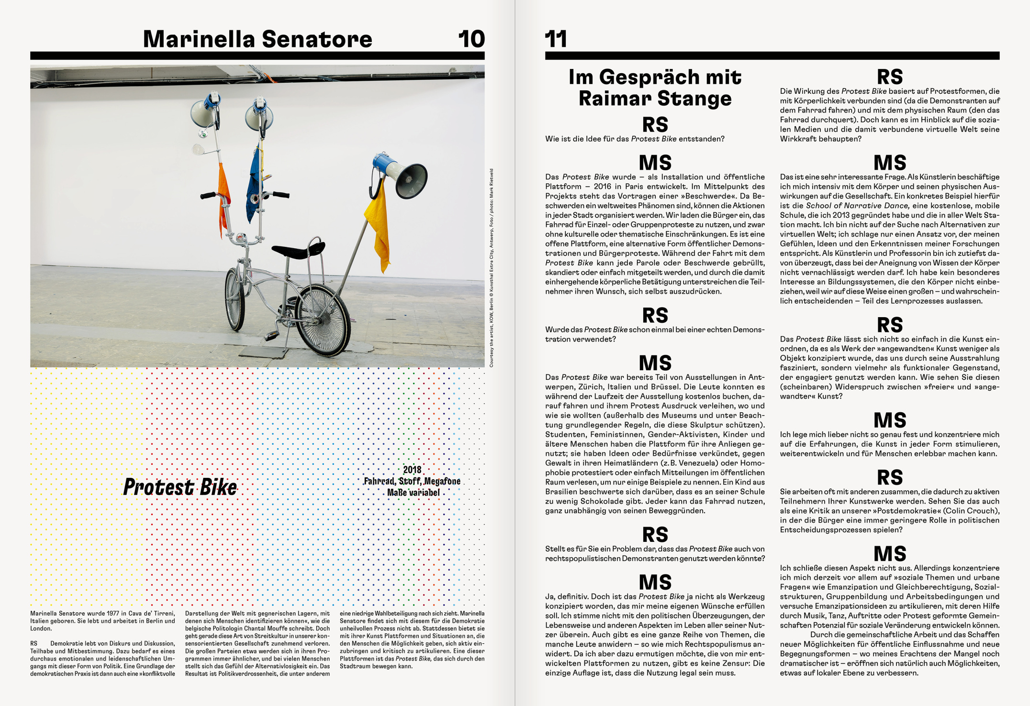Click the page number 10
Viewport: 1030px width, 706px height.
point(471,39)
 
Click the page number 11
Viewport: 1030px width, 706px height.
point(556,39)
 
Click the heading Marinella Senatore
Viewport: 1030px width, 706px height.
point(257,39)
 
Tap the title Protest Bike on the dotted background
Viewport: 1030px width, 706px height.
point(180,487)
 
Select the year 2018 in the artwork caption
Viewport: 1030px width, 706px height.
point(412,470)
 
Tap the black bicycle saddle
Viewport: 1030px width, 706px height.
point(298,250)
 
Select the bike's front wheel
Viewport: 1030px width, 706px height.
point(235,299)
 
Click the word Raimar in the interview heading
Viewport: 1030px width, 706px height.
point(608,99)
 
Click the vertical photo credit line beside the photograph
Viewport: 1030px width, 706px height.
point(491,268)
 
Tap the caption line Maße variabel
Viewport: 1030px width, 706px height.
point(413,492)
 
